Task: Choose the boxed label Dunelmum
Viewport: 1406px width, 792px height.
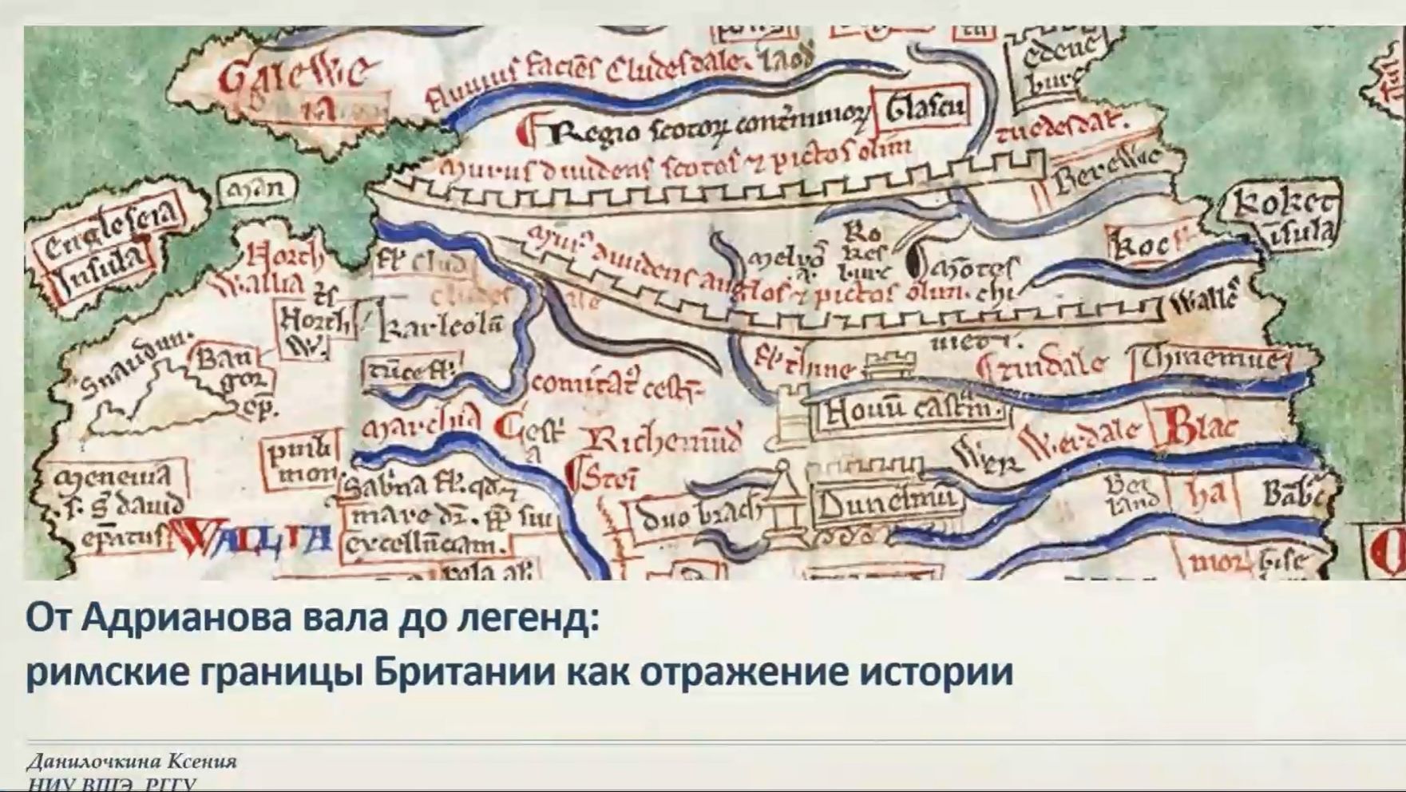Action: tap(886, 503)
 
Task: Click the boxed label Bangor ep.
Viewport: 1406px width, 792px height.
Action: tap(230, 379)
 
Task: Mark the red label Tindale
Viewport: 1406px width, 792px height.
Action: tap(1042, 366)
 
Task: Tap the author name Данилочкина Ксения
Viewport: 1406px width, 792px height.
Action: tap(132, 761)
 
